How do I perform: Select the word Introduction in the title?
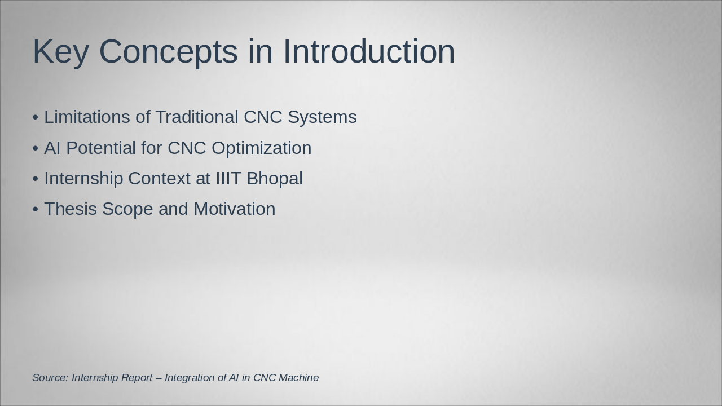click(x=369, y=51)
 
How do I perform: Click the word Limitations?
click(x=87, y=117)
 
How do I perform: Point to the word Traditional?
click(x=197, y=117)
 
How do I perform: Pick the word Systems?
click(x=322, y=117)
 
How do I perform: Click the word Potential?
click(x=101, y=148)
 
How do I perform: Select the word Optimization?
click(x=261, y=148)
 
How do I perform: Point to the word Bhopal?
click(x=275, y=179)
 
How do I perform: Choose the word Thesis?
click(x=71, y=209)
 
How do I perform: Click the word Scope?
click(x=127, y=209)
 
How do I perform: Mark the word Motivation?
click(x=235, y=209)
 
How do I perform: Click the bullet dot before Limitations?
click(x=36, y=117)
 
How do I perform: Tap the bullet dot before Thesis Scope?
click(x=36, y=209)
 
